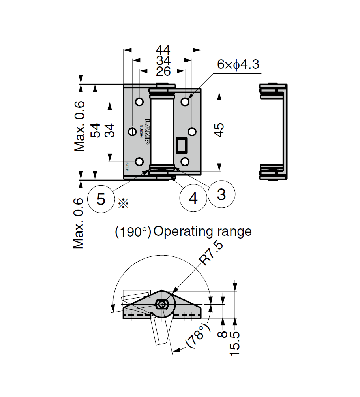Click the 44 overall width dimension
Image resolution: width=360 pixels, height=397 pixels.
point(163,50)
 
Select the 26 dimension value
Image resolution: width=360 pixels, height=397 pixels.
point(163,71)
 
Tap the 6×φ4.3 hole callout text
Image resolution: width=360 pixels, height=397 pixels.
point(238,64)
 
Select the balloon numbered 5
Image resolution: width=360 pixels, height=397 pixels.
point(101,199)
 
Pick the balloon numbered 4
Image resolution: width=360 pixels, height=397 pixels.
point(193,198)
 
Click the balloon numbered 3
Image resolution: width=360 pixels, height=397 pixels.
point(221,194)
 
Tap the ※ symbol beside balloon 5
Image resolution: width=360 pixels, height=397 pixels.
point(123,203)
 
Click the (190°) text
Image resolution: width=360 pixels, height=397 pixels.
point(133,231)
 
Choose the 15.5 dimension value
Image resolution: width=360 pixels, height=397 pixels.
point(235,342)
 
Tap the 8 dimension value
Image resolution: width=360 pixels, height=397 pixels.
point(223,334)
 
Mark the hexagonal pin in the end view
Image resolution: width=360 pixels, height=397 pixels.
point(161,304)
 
